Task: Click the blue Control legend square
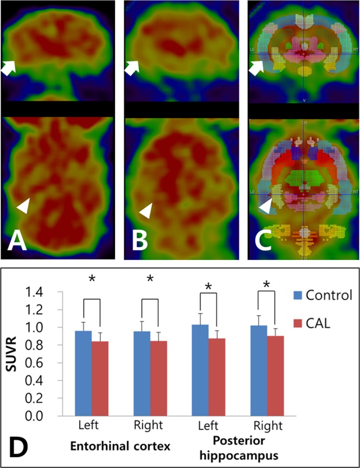(297, 295)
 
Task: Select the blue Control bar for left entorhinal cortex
(83, 373)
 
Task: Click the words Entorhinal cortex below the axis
(117, 447)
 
